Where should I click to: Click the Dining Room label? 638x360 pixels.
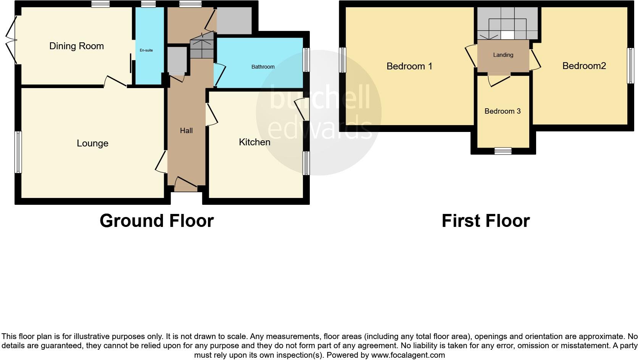(76, 46)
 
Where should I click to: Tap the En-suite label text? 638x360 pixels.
(146, 50)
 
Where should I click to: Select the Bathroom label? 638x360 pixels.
(263, 67)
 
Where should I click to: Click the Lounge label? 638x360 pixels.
(92, 143)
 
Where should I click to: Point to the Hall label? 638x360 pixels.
(186, 131)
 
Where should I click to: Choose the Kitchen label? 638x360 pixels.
(255, 142)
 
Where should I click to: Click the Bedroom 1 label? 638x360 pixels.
(409, 66)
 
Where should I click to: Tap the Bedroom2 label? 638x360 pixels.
(584, 66)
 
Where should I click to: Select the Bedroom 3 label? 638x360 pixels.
(502, 111)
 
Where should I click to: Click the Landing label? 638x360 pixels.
(503, 55)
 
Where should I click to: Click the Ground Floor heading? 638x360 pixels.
(156, 221)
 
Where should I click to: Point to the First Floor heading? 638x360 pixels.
(485, 221)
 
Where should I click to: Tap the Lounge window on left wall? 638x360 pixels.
(18, 152)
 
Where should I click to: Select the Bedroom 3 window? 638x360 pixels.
(503, 151)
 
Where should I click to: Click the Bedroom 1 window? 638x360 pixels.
(343, 60)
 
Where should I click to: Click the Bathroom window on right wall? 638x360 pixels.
(306, 60)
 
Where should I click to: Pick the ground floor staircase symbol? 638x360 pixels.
(202, 46)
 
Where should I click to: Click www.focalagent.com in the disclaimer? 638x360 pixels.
(408, 355)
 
